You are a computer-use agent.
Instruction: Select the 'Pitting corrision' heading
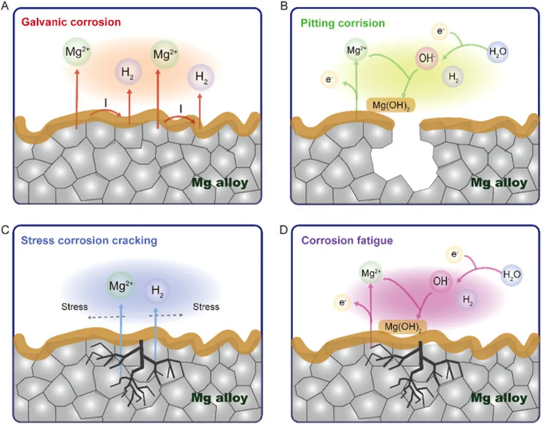coord(342,24)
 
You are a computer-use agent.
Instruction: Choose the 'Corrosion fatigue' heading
coord(347,241)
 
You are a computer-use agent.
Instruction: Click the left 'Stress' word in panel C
coord(74,306)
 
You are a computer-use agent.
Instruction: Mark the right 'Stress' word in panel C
coord(206,306)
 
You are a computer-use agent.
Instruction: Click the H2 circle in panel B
coord(454,77)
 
